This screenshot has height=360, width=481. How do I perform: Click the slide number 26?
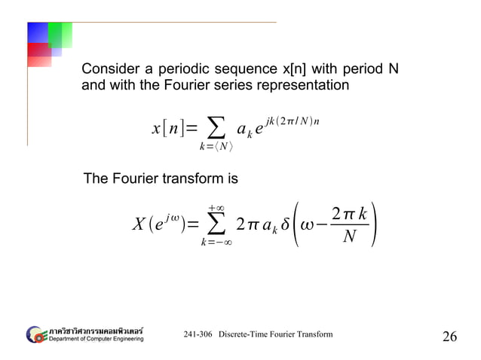(x=449, y=336)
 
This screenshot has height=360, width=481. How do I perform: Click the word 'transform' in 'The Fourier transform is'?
(x=192, y=179)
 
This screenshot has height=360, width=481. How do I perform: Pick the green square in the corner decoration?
(x=60, y=35)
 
